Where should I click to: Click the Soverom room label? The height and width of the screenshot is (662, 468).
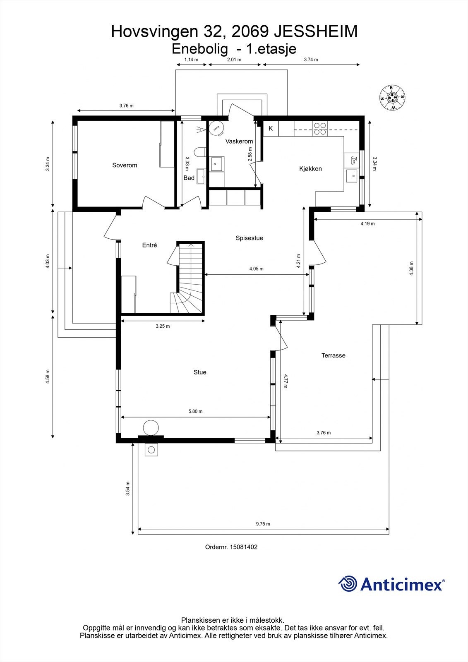pos(125,165)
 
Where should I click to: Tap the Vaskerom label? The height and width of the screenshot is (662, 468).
pos(239,141)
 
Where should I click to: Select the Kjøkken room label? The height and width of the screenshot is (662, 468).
pos(310,169)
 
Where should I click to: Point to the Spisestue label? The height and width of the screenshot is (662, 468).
pos(249,238)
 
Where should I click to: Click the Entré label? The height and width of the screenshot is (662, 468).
pos(149,245)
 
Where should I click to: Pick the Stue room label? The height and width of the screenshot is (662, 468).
pos(200,372)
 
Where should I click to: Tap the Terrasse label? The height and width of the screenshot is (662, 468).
pos(333,355)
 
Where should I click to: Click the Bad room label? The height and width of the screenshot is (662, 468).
pos(189,177)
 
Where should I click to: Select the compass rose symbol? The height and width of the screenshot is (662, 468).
pos(392,98)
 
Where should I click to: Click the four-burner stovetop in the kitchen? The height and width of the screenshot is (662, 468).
pos(320,129)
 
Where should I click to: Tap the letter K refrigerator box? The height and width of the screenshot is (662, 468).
pos(271,129)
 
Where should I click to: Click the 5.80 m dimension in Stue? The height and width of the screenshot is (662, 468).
pos(195,411)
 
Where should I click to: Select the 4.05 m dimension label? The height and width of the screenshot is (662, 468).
pos(256,269)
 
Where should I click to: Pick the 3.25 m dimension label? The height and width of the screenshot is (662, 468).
pos(163,326)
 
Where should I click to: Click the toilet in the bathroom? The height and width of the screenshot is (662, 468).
pos(200,152)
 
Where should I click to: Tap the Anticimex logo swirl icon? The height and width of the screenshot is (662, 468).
pos(348,583)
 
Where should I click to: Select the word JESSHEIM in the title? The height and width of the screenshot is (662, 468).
pos(316,31)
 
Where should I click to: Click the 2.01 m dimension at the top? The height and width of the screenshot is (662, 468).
pos(234,60)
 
